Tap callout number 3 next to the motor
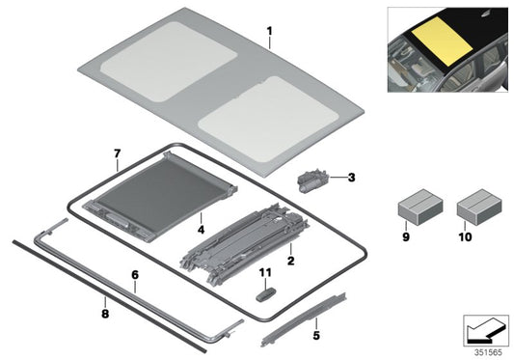click(351, 178)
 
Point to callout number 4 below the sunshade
click(199, 230)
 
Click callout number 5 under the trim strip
click(316, 336)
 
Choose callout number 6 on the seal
click(135, 274)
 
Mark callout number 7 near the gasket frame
click(116, 153)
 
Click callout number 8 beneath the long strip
click(105, 313)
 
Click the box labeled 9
click(419, 208)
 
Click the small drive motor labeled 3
click(313, 178)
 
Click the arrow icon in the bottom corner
click(484, 330)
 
